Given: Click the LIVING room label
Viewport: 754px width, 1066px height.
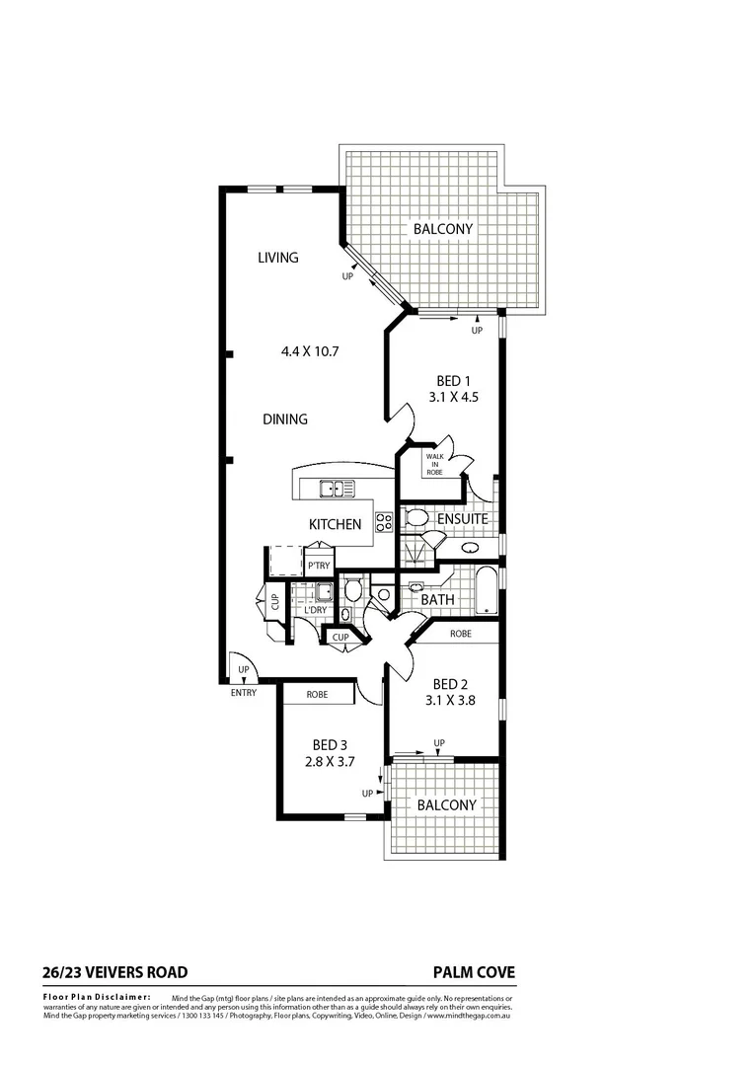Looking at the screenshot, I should click(277, 258).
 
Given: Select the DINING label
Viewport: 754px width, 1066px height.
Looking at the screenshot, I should click(285, 419).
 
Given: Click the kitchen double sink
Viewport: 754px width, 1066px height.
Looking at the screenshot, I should click(337, 487).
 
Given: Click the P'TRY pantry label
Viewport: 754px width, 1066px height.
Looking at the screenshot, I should click(318, 566).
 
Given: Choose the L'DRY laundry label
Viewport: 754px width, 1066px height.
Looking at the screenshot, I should click(316, 610).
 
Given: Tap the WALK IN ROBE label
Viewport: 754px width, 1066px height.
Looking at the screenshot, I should click(434, 464).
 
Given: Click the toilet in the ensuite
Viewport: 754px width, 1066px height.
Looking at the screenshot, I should click(415, 518).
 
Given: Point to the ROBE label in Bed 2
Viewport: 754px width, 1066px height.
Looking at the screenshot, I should click(460, 635).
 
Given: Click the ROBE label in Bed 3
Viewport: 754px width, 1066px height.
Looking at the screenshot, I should click(317, 695).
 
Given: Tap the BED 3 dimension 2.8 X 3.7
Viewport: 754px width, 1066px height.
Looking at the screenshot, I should click(330, 761).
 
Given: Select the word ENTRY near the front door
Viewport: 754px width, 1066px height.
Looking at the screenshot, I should click(243, 693).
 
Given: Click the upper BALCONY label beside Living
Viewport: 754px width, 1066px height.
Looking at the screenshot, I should click(443, 229).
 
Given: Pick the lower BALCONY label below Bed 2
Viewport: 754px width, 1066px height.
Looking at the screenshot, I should click(446, 804).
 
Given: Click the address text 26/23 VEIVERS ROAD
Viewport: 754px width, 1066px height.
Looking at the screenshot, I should click(115, 972).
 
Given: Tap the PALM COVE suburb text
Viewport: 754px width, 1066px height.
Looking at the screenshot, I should click(474, 972).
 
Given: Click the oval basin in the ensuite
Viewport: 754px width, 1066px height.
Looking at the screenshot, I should click(471, 546).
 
